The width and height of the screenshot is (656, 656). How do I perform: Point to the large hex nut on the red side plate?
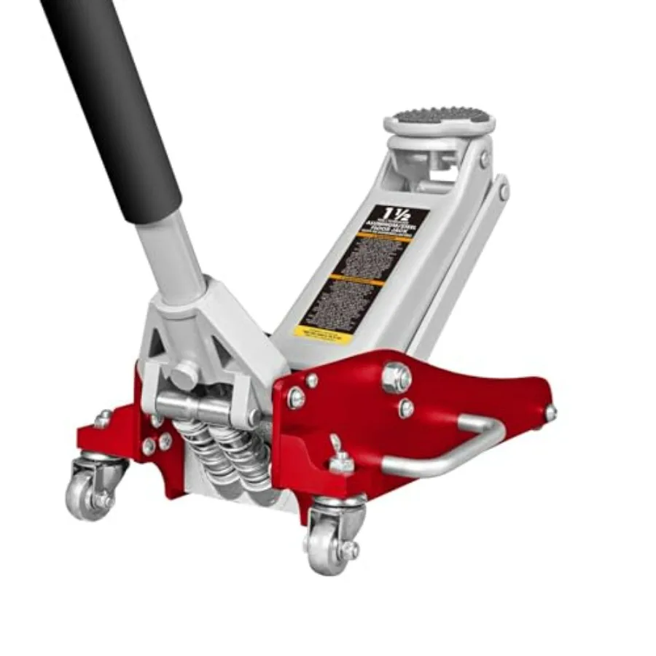(396, 377)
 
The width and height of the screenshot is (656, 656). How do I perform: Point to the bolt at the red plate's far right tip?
(550, 413)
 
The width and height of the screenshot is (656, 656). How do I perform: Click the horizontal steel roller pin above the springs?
(204, 405)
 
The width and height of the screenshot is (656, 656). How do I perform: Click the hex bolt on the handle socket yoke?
(183, 375)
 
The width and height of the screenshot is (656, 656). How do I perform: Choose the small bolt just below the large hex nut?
(406, 409)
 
